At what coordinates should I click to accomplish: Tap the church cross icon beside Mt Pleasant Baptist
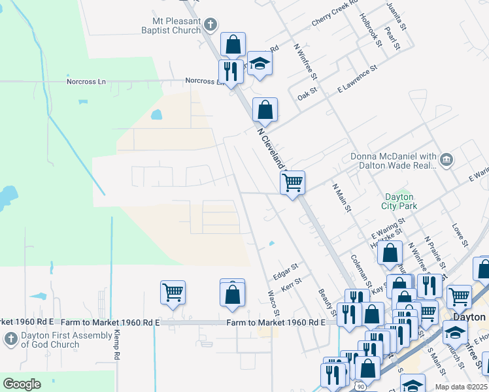tap(210, 25)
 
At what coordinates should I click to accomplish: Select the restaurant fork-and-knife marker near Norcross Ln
tap(230, 71)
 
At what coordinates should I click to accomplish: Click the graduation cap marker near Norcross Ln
tap(260, 63)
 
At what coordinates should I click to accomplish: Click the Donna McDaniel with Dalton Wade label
tap(393, 161)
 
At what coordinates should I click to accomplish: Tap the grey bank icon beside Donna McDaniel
tap(446, 158)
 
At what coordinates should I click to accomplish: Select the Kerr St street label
tap(291, 284)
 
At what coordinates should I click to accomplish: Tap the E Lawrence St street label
tap(357, 78)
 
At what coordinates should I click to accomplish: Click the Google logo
tap(22, 384)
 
